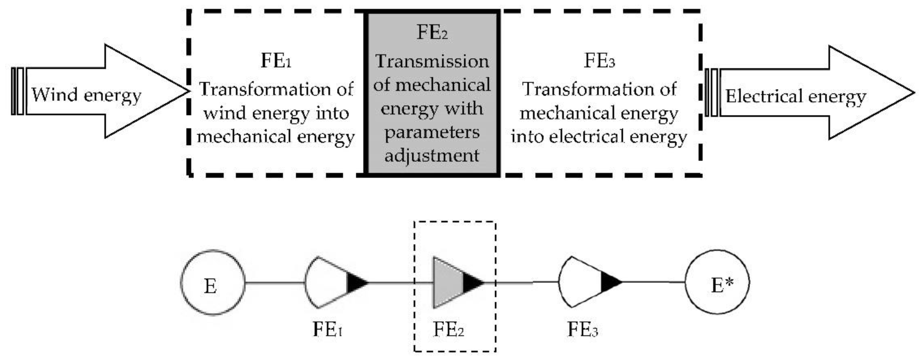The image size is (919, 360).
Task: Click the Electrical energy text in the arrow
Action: click(795, 97)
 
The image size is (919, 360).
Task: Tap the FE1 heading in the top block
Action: click(276, 61)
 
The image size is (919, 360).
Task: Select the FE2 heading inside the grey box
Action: click(432, 33)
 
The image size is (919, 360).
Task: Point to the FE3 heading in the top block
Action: click(599, 61)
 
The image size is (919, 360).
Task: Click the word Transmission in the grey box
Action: click(432, 61)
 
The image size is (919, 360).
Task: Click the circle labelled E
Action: click(213, 282)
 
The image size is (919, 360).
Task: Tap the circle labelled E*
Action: click(717, 282)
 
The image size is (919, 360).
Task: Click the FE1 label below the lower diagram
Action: click(327, 329)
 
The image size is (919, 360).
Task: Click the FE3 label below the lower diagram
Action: click(583, 329)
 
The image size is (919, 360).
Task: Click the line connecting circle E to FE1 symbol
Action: click(275, 283)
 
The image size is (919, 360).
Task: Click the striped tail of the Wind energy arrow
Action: click(18, 91)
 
